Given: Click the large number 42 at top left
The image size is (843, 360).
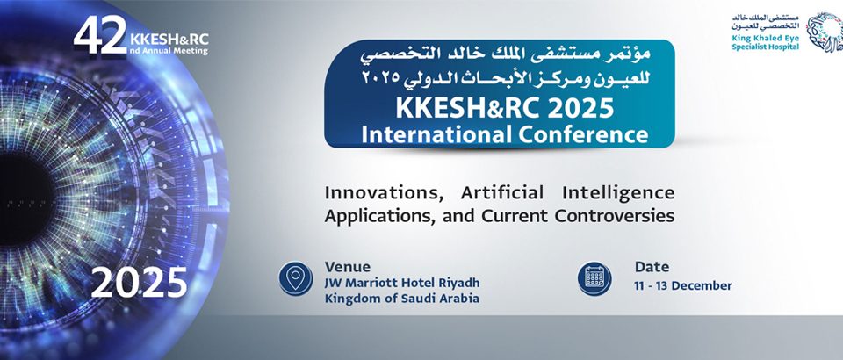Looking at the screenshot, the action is coord(100,36).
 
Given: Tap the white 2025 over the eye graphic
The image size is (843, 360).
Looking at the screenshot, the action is coord(140,282).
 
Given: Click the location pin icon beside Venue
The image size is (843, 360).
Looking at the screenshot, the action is coord(295,278).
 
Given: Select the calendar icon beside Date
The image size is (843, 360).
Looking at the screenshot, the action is coord(594,278).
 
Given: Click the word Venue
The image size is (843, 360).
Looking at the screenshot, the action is coord(348,267).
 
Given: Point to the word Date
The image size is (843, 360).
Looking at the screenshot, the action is coord(652,267).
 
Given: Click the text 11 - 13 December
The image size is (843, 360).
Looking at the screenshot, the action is coord(683,286).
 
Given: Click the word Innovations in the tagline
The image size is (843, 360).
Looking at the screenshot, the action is coord(384,192).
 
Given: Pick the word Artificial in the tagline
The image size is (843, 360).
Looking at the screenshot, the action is coord(502,192).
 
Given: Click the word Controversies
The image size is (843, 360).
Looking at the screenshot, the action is coord(615,216).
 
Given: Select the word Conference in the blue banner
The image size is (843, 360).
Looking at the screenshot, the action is coord(582,134).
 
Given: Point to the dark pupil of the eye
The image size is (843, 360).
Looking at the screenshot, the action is coord(21,198).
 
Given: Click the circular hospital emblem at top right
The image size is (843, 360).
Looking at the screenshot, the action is coord(825,32).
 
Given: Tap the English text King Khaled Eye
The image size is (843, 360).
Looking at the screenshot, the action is coord(765,39).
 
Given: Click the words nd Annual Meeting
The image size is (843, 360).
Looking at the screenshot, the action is coord(169,52).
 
